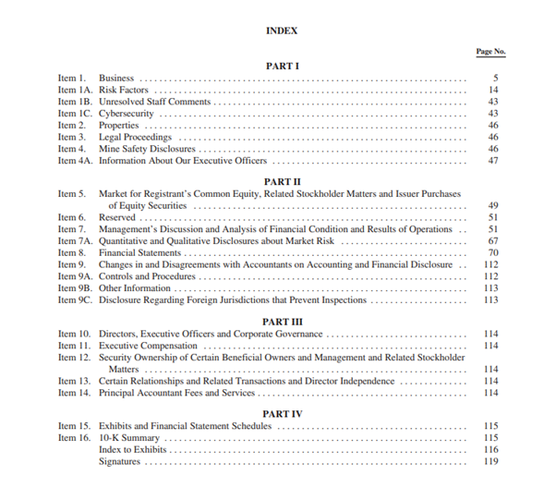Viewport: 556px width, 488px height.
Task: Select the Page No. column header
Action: click(x=490, y=52)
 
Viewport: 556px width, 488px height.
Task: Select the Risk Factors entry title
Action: click(x=124, y=90)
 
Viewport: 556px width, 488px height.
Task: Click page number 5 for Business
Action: click(x=495, y=78)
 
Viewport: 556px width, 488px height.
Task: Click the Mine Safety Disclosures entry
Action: click(x=147, y=149)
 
